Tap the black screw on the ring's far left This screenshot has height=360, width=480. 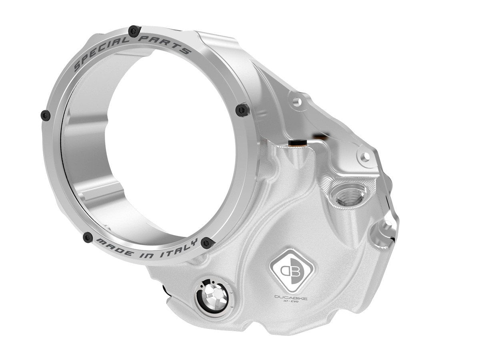click(46, 115)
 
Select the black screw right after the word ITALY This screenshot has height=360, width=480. click(206, 242)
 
